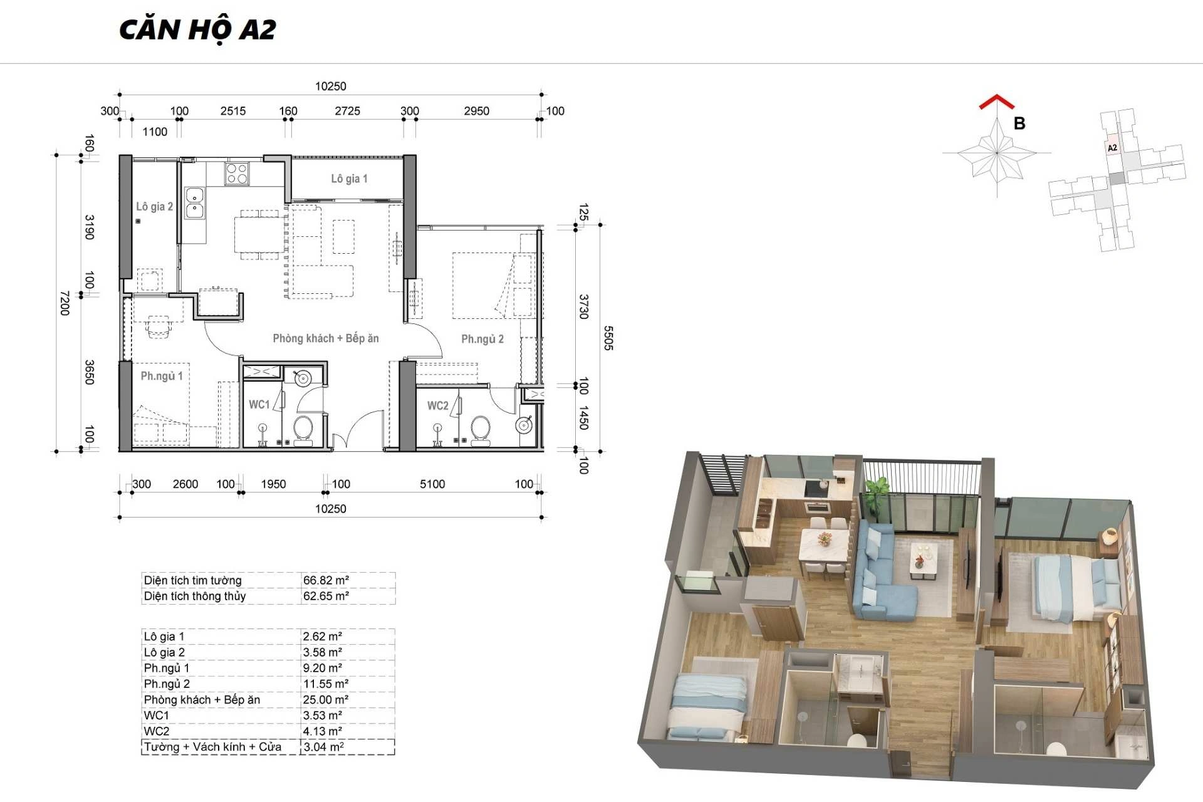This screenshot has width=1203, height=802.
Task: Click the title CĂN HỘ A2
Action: pos(197,30)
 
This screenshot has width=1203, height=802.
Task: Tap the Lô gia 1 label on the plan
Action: pos(349,179)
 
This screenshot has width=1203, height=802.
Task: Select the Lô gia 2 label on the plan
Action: pos(154,206)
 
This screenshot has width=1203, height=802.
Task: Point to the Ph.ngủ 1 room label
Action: pos(162,376)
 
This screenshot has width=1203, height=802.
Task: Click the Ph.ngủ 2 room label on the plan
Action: pos(482,339)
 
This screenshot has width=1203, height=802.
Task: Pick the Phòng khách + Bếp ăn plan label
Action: pos(326,338)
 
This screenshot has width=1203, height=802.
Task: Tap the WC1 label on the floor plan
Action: pos(259,404)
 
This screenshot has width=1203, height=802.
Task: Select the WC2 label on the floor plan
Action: pos(438,405)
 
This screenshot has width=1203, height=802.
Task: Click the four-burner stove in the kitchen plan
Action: pos(237,174)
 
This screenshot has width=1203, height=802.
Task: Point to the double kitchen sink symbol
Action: pos(194,202)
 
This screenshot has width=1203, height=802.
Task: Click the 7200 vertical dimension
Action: pos(64,303)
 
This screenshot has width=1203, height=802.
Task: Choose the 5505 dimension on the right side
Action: pos(608,338)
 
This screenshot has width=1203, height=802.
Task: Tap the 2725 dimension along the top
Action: pos(347,111)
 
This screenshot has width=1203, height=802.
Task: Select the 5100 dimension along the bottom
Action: pos(432,484)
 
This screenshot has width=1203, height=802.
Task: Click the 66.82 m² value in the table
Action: pos(326,580)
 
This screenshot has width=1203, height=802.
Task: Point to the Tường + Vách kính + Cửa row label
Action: pos(212,747)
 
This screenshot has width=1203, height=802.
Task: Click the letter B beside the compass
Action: pos(1019,123)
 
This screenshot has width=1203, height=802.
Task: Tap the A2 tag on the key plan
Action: pos(1112,148)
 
